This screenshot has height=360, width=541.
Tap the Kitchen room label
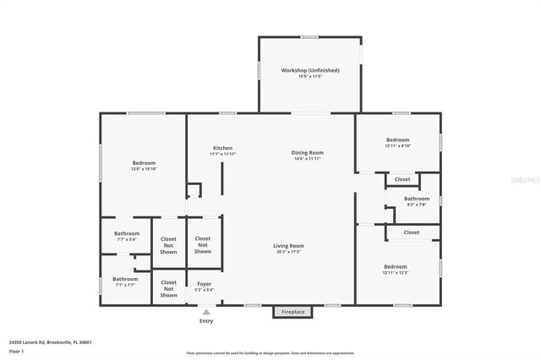click(222, 148)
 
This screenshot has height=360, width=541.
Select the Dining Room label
click(309, 153)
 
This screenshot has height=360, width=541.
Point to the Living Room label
click(289, 246)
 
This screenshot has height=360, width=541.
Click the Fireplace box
click(293, 312)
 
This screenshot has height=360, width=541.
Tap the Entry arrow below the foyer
click(206, 312)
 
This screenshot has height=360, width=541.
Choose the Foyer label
click(205, 284)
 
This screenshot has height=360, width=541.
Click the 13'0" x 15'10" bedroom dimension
click(144, 169)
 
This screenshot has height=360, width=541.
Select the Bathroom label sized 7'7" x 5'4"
click(127, 233)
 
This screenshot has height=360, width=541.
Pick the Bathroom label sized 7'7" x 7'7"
click(126, 279)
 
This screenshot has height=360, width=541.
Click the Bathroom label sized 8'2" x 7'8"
click(417, 199)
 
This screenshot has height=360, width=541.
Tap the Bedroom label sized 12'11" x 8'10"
click(397, 140)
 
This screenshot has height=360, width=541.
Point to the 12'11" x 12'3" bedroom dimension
click(396, 272)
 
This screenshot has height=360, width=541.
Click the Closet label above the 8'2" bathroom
click(402, 179)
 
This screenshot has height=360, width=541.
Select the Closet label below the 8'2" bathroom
click(412, 232)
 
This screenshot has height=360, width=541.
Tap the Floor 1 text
click(16, 351)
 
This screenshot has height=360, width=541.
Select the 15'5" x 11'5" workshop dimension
click(309, 77)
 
